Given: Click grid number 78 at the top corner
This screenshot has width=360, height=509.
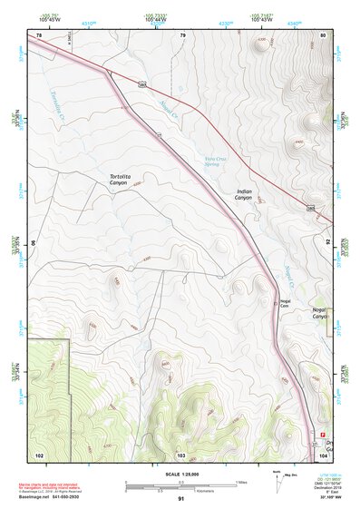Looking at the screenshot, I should click(x=38, y=35).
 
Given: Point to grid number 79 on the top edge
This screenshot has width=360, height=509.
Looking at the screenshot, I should click(x=182, y=35).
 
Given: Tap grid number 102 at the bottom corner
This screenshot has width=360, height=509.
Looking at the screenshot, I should click(x=39, y=454).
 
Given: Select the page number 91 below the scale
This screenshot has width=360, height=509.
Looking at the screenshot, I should click(x=181, y=499).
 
